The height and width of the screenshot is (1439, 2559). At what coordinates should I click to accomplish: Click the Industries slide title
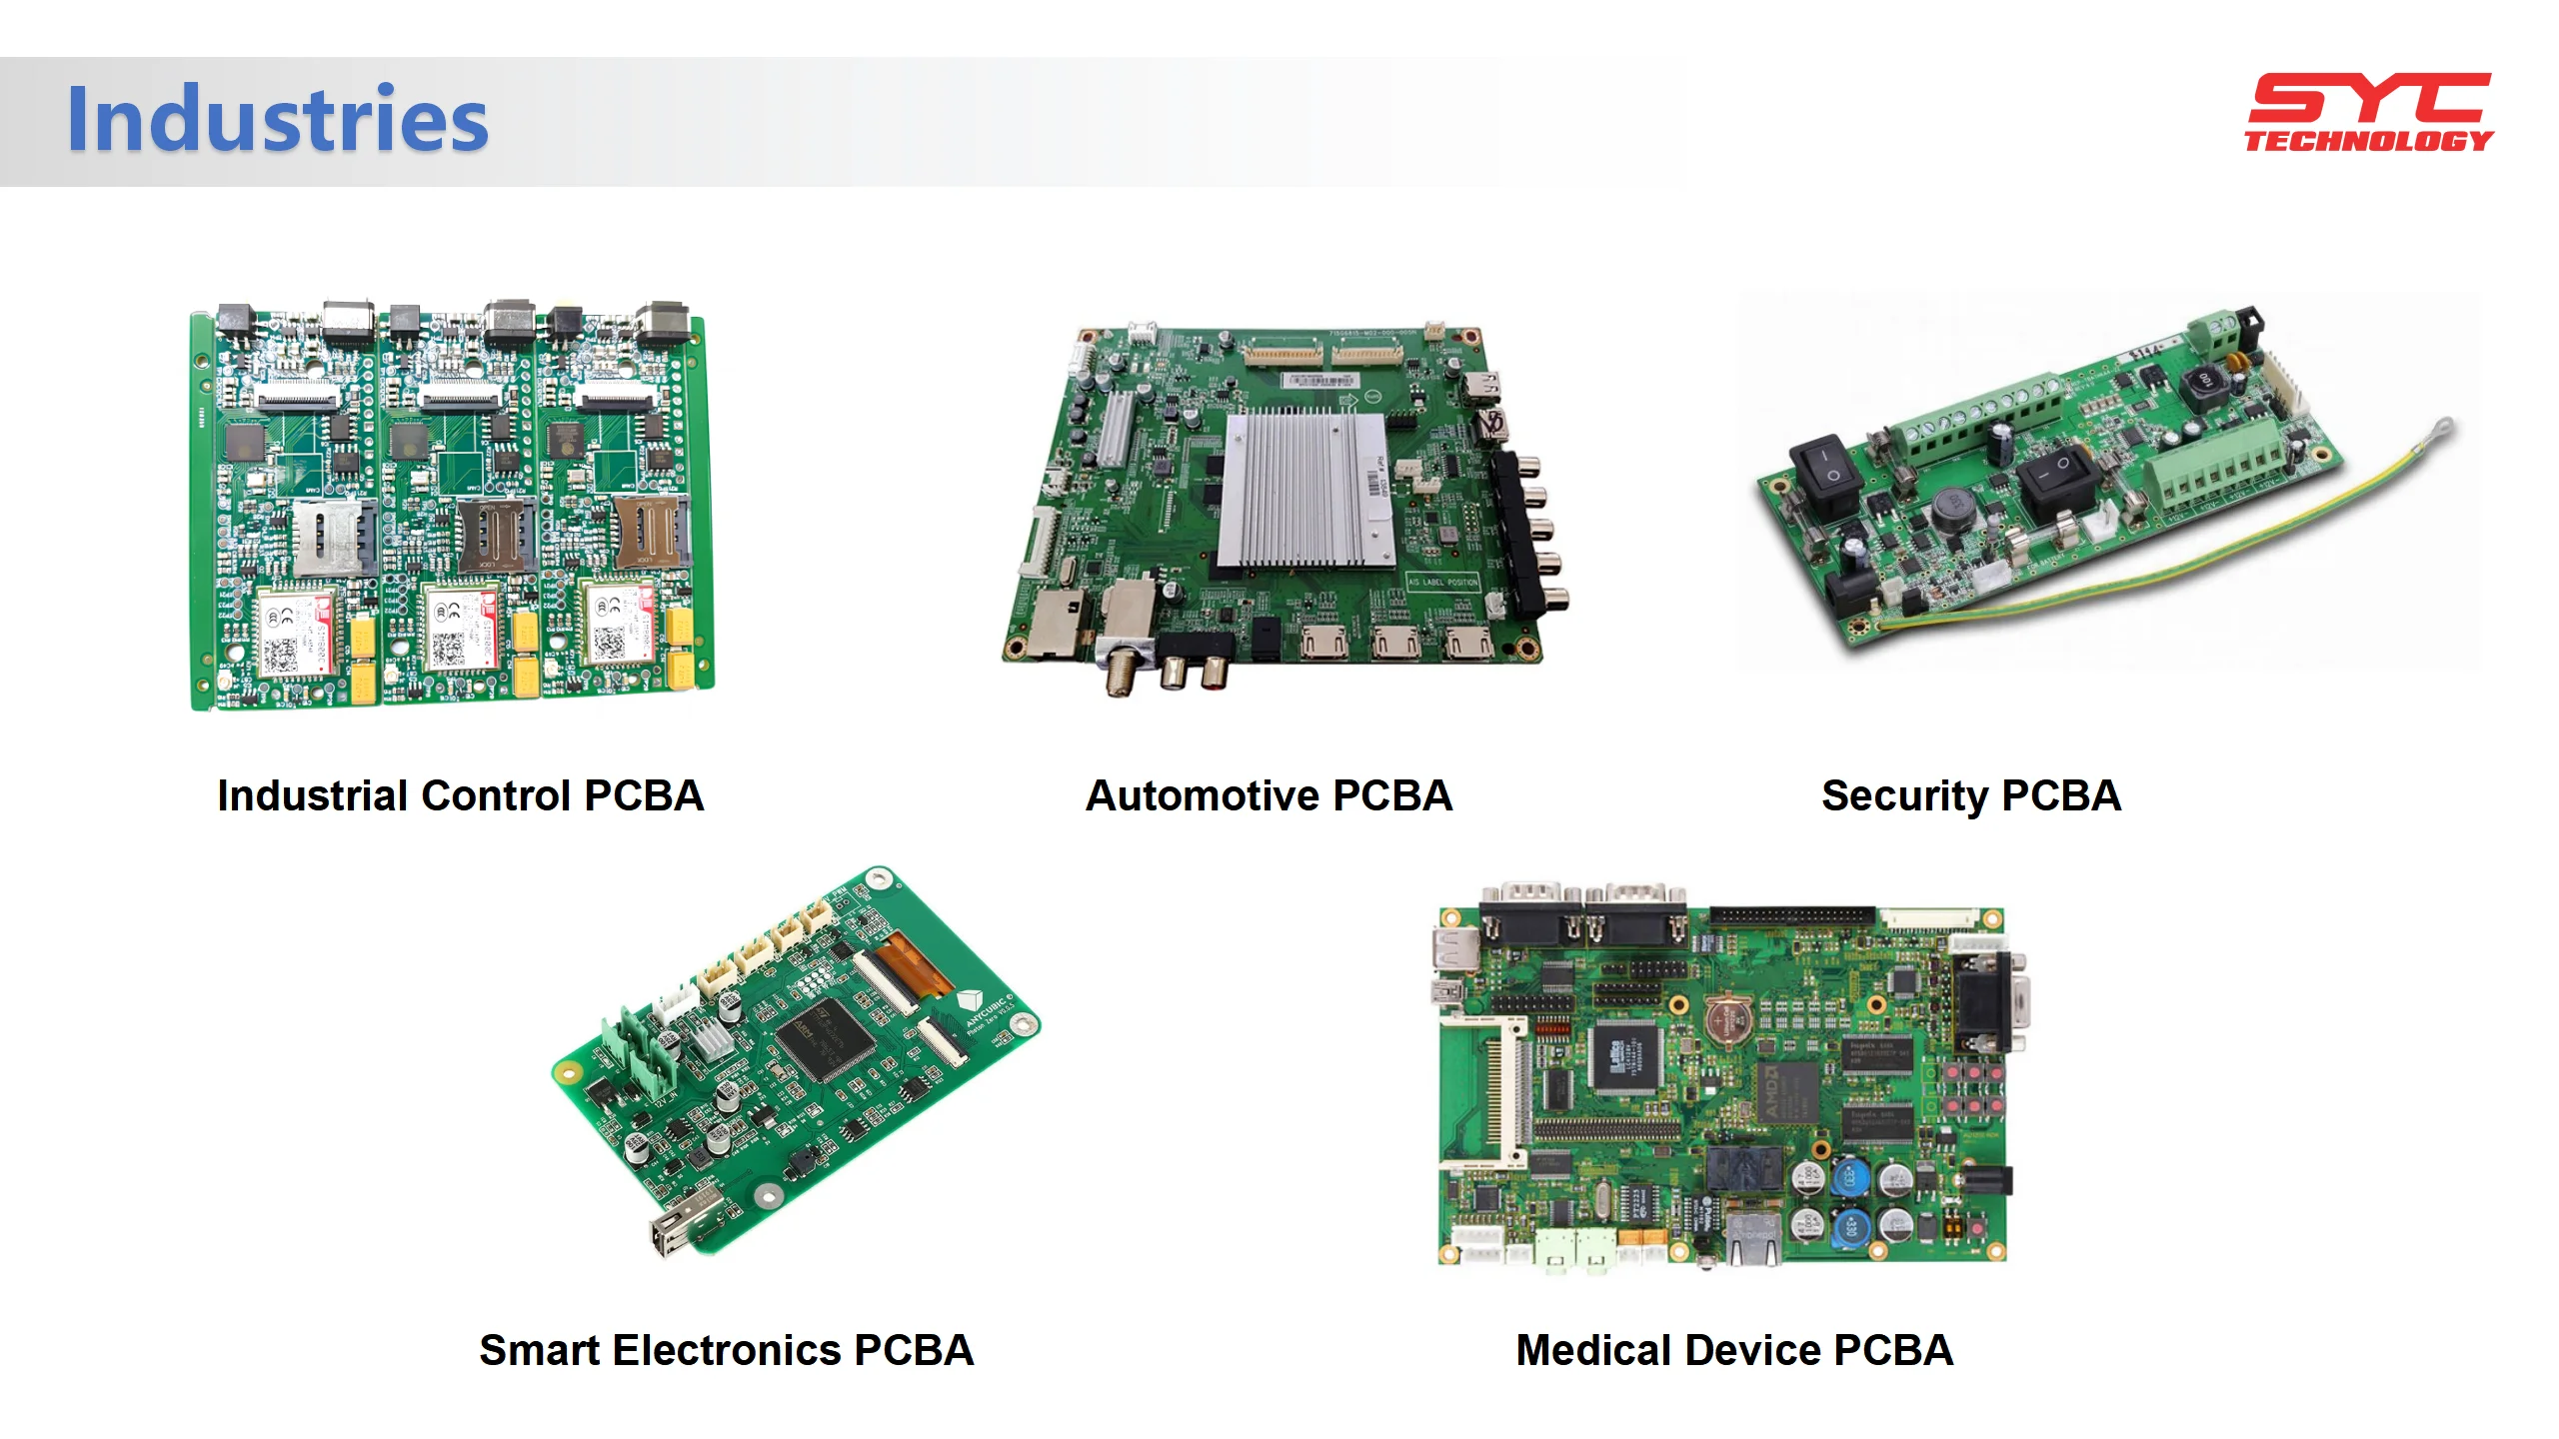[277, 120]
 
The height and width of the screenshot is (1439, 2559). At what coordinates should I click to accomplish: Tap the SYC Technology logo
[2368, 112]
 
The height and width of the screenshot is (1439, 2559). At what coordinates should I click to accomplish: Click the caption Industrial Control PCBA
[460, 796]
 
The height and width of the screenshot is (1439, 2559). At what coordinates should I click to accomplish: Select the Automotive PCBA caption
[1269, 796]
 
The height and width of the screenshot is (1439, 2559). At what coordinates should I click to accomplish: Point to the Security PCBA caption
[1970, 796]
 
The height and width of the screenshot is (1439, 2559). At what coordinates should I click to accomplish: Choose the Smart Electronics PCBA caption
[726, 1350]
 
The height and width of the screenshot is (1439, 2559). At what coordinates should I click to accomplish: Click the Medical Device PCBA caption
[1734, 1350]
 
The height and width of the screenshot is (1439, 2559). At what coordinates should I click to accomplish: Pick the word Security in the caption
[1904, 796]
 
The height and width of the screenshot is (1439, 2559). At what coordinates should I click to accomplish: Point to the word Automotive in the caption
[1203, 796]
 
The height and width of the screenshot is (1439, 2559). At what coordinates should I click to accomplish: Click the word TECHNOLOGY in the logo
[2368, 141]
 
